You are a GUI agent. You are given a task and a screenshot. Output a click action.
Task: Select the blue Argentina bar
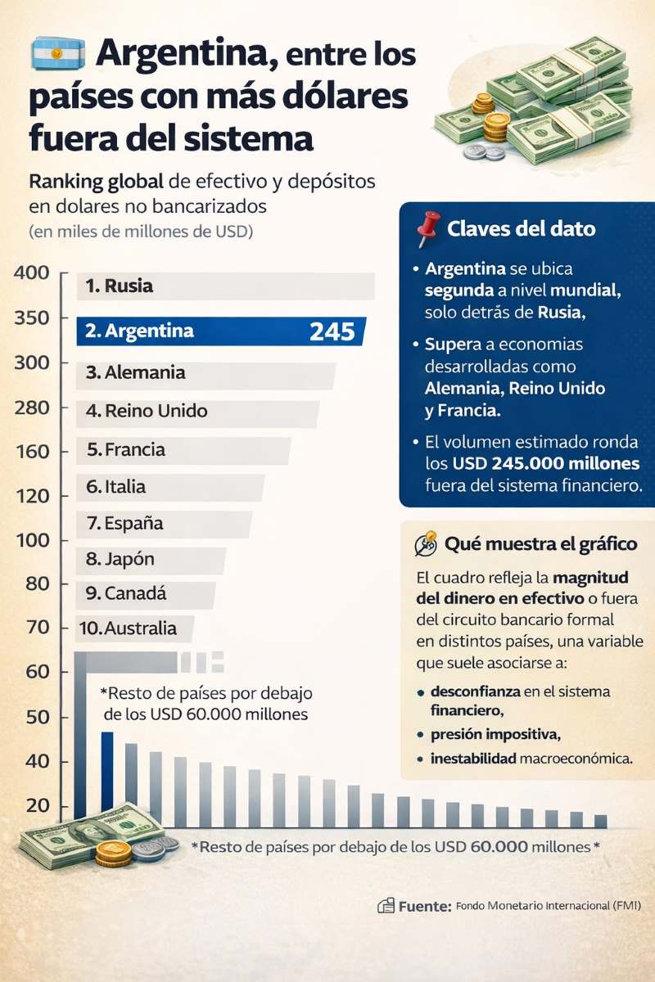[x=221, y=331]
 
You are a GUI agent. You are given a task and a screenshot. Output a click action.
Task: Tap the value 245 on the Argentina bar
[x=332, y=331]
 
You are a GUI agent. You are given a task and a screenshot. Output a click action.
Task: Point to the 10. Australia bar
[x=136, y=628]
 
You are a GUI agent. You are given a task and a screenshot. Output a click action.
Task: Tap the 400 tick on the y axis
[x=32, y=273]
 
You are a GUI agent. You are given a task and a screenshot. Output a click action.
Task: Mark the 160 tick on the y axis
[x=32, y=452]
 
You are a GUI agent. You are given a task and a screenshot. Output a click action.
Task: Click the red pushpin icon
[x=428, y=229]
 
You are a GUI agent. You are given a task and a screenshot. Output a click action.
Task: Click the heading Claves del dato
[x=522, y=229]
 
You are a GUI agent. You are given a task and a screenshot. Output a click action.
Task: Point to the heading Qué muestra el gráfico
[x=540, y=543]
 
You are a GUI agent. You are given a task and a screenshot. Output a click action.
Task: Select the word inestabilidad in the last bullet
[x=473, y=759]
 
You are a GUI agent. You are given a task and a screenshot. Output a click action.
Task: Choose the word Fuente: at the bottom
[x=424, y=906]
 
